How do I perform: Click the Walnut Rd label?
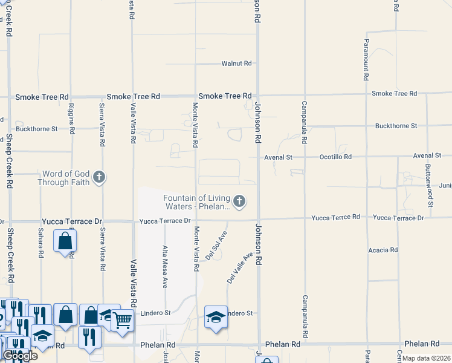point(236,63)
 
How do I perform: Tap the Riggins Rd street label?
point(71,118)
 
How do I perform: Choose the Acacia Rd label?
point(383,249)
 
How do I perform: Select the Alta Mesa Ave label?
point(165,266)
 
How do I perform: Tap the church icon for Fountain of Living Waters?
point(239,201)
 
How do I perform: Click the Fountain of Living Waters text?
point(197,202)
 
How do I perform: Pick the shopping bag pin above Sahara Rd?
point(64,241)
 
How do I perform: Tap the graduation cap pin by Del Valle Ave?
point(215,318)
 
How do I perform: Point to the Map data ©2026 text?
point(427,358)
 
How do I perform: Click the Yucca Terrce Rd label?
point(335,217)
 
